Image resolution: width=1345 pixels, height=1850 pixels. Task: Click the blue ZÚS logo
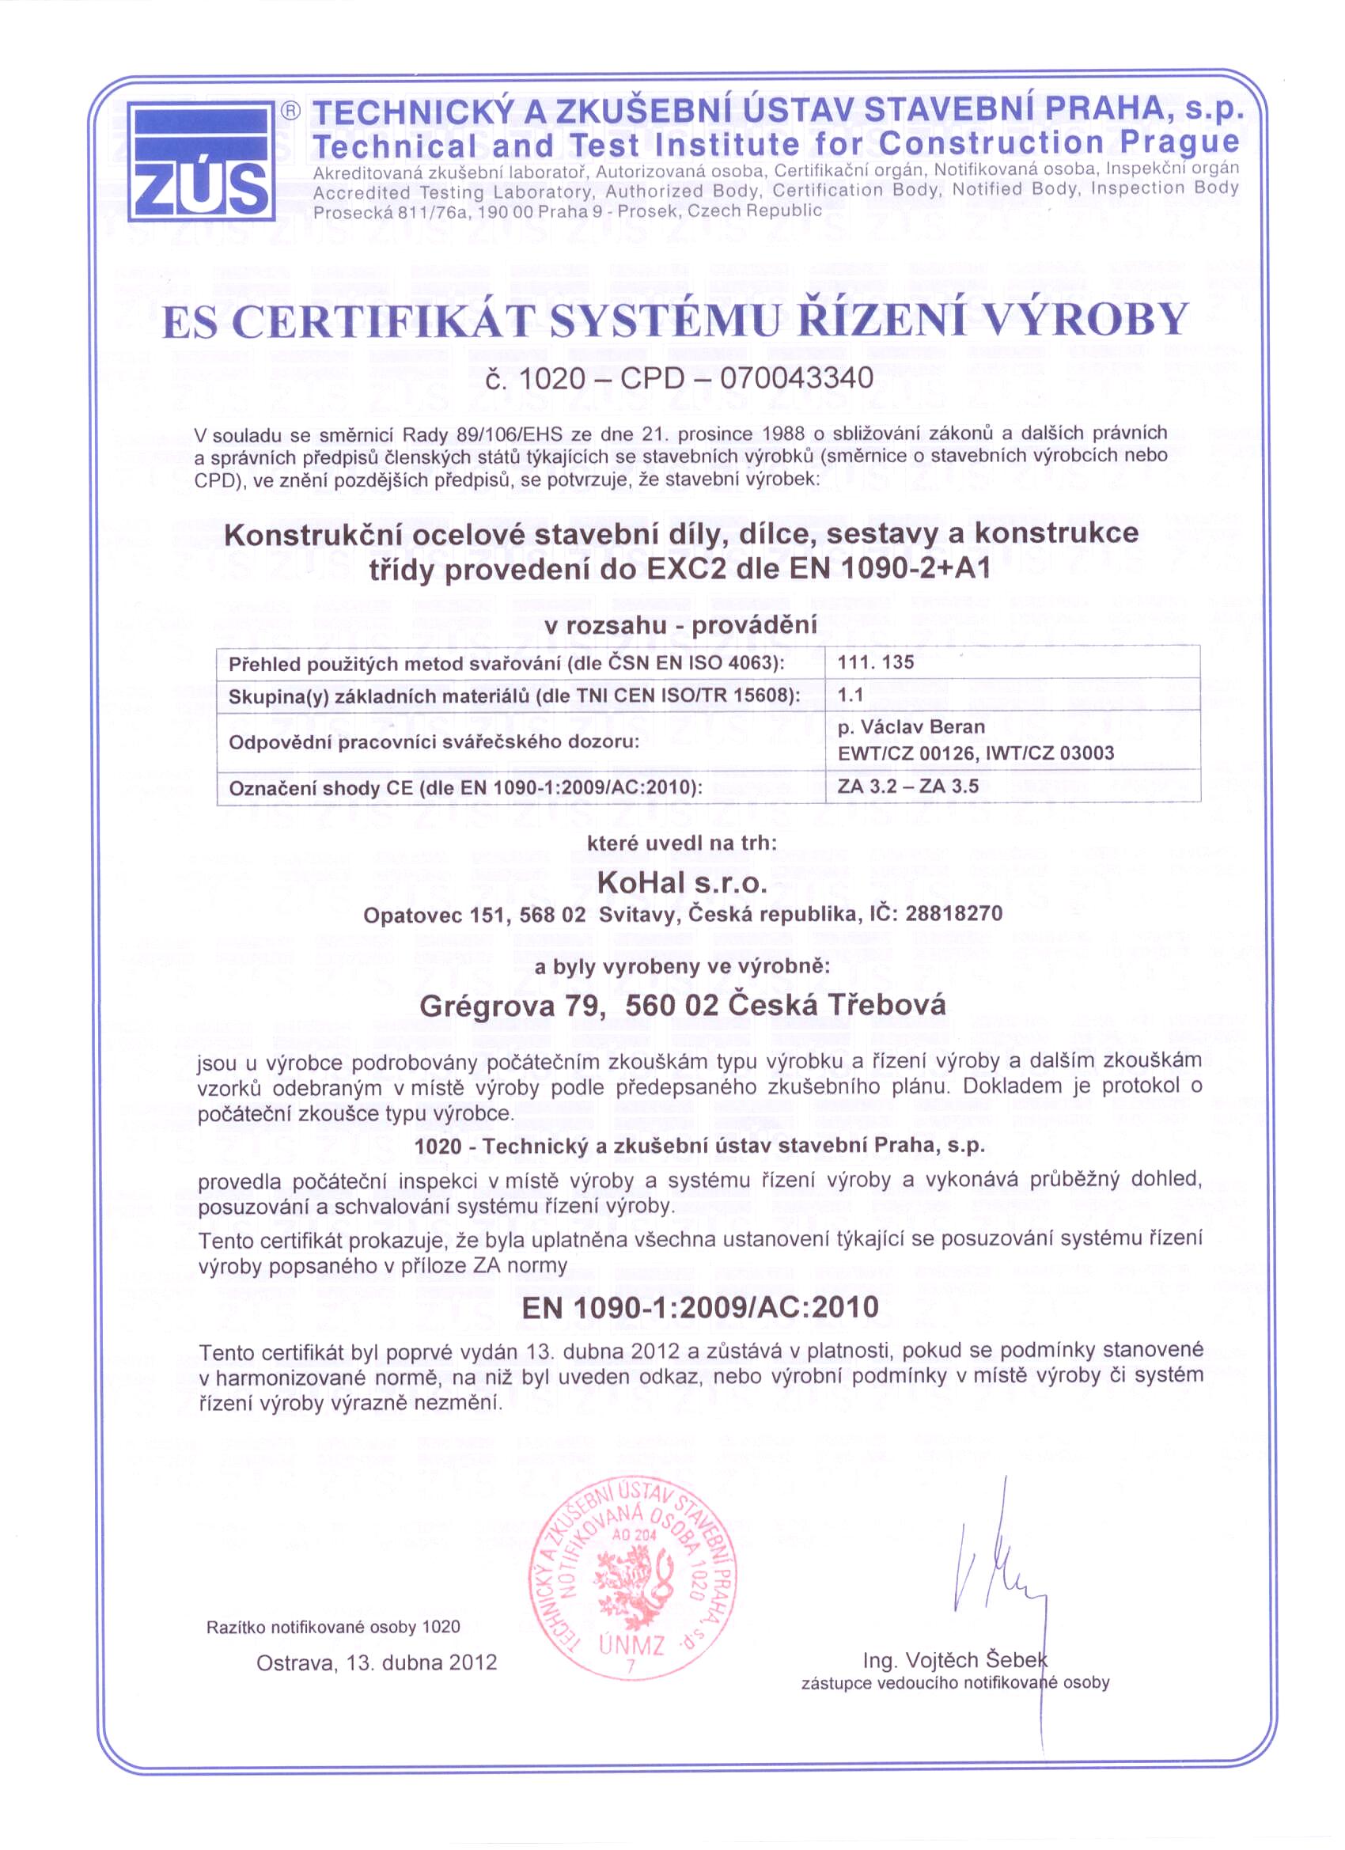pos(201,161)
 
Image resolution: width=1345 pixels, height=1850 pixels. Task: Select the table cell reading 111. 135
pos(875,662)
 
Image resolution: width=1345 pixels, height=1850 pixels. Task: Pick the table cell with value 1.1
pos(850,696)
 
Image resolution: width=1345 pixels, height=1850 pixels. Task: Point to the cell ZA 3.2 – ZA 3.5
pos(907,787)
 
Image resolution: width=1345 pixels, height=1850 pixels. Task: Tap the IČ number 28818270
pos(953,914)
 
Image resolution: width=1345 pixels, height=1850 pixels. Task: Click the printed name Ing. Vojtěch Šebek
pos(954,1659)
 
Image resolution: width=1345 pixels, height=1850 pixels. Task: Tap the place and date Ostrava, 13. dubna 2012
pos(376,1662)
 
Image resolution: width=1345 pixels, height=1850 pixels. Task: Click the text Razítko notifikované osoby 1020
pos(333,1627)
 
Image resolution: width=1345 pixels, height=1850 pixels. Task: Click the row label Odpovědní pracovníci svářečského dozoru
pos(433,742)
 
